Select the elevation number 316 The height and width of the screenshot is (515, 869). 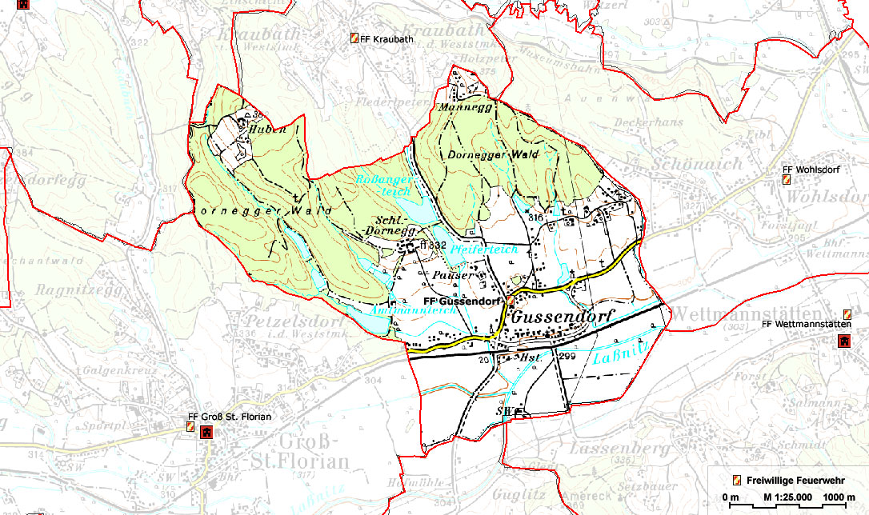tap(535, 217)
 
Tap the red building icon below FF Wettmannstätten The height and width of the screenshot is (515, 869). tap(843, 341)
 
